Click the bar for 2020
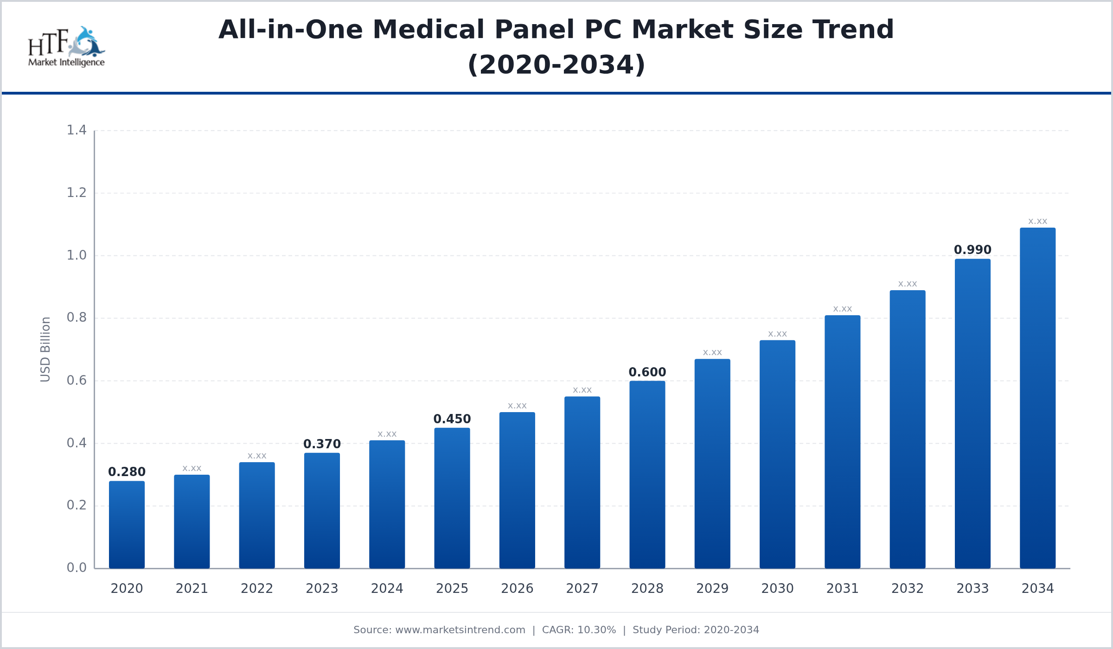click(127, 525)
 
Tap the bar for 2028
click(647, 475)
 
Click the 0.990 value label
click(972, 250)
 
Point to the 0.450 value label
click(452, 419)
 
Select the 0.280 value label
click(127, 472)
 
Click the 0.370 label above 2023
click(322, 444)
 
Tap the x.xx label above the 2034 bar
click(1037, 221)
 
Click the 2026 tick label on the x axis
click(517, 588)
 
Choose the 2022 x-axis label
click(256, 588)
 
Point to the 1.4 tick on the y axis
click(77, 130)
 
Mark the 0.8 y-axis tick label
click(77, 318)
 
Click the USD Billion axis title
click(45, 349)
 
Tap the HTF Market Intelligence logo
click(66, 47)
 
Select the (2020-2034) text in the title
click(556, 64)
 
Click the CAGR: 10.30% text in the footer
click(579, 630)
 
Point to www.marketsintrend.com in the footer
click(460, 630)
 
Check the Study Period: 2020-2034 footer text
click(696, 630)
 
